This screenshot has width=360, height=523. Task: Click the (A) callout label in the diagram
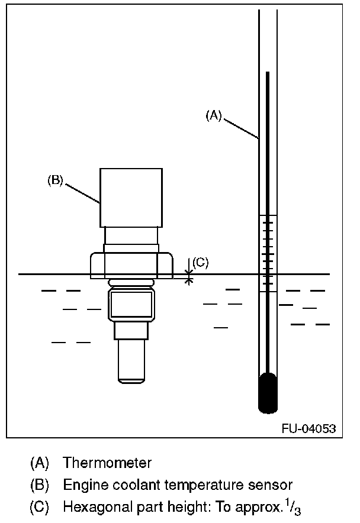tap(213, 116)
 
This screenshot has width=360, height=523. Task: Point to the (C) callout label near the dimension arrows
tap(201, 263)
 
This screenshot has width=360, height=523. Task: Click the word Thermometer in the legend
tap(107, 463)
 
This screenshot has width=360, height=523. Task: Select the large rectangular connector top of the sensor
tap(131, 198)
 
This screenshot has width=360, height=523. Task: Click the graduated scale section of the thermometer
tap(268, 253)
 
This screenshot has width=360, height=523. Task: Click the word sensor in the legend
tap(274, 485)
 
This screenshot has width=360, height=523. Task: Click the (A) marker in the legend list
tap(39, 463)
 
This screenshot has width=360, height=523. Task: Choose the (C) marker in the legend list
tap(39, 508)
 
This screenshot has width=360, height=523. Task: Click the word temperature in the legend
tap(203, 485)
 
